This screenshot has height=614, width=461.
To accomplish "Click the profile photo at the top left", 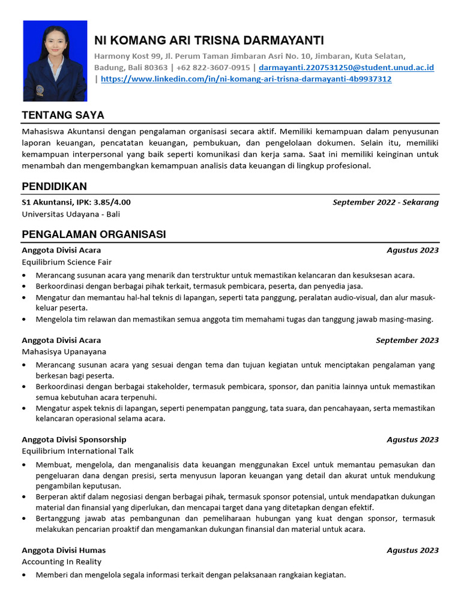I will [x=55, y=61].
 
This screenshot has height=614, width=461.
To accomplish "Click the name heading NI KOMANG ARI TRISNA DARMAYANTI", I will [x=209, y=40].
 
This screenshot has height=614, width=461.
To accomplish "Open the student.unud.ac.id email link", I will [x=346, y=68].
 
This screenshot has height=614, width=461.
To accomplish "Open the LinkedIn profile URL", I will [x=246, y=79].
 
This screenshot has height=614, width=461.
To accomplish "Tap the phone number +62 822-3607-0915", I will [x=213, y=68].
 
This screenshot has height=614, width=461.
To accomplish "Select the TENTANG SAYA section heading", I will [x=63, y=115].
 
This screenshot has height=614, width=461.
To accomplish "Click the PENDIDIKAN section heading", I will [x=54, y=186].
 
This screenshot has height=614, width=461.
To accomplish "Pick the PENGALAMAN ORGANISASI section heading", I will [x=94, y=234].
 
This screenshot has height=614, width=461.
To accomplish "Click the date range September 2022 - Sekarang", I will [x=385, y=202].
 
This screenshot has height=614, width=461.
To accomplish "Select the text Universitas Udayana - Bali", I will [x=71, y=214].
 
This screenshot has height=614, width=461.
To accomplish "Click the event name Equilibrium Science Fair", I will [x=67, y=262].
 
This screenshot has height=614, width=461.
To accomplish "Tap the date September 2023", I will [x=407, y=341].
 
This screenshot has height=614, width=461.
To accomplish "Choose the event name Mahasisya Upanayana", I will [x=64, y=352].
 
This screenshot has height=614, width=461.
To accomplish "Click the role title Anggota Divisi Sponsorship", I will [x=74, y=440].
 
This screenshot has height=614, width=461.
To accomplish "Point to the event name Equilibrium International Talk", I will [x=77, y=451].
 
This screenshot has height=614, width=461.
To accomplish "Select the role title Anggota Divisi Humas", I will [x=64, y=550].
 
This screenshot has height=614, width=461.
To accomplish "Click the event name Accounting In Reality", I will [x=61, y=562].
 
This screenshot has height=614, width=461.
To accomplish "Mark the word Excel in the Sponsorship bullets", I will [x=302, y=465].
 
